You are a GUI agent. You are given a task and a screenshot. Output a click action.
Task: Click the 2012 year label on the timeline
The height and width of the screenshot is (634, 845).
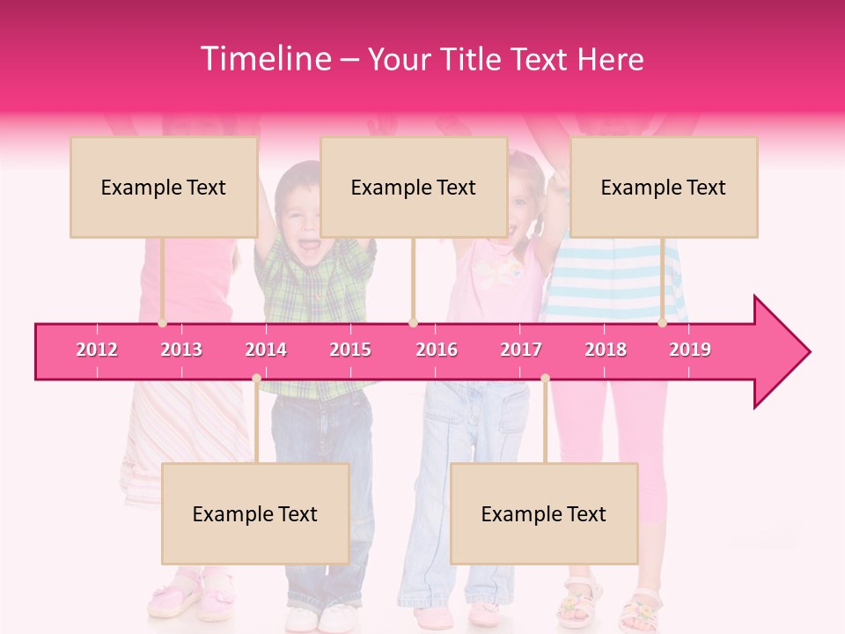[x=97, y=350]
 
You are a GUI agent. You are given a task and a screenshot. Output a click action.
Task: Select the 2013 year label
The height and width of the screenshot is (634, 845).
[x=181, y=350]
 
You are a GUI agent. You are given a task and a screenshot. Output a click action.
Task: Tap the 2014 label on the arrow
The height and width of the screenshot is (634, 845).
[x=266, y=350]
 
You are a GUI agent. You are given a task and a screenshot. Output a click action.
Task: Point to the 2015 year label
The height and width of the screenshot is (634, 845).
[x=350, y=350]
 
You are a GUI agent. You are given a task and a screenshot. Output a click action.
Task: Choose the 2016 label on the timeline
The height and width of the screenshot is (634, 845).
[x=437, y=350]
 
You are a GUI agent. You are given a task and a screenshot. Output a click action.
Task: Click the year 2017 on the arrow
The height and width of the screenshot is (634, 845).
[x=521, y=350]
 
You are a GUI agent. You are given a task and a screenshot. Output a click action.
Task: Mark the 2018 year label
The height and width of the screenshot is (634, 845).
[x=606, y=350]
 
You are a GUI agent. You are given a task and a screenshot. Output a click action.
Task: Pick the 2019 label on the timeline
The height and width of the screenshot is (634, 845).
[x=690, y=350]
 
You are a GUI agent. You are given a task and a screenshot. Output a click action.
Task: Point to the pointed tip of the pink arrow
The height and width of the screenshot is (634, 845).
[x=808, y=352]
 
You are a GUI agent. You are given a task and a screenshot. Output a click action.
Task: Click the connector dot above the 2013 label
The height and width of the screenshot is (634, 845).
[x=163, y=323]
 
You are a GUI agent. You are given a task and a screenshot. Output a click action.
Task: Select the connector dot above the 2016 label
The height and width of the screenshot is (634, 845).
[x=413, y=323]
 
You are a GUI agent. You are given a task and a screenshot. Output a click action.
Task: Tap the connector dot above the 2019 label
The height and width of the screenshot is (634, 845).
[x=663, y=323]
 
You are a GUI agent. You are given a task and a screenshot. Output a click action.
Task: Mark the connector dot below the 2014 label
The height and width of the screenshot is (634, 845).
[x=256, y=379]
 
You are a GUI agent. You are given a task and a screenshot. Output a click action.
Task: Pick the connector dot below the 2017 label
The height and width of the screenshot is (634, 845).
[x=545, y=379]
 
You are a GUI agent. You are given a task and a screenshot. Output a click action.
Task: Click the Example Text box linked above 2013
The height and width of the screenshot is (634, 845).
[x=164, y=187]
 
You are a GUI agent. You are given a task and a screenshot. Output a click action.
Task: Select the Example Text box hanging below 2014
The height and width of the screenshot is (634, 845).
[x=255, y=513]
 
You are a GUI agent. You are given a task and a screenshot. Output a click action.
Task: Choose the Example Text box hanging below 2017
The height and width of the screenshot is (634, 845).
[x=544, y=513]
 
